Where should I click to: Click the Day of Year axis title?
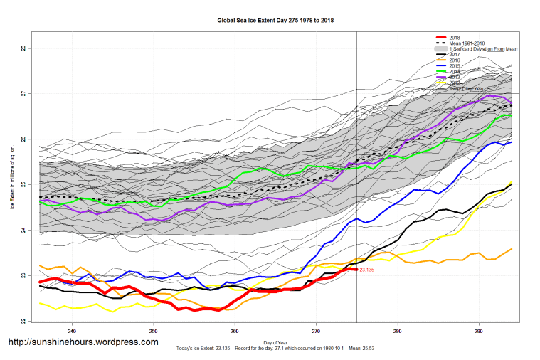274,343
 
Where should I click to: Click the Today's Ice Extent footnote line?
274,349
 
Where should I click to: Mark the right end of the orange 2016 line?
512,249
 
